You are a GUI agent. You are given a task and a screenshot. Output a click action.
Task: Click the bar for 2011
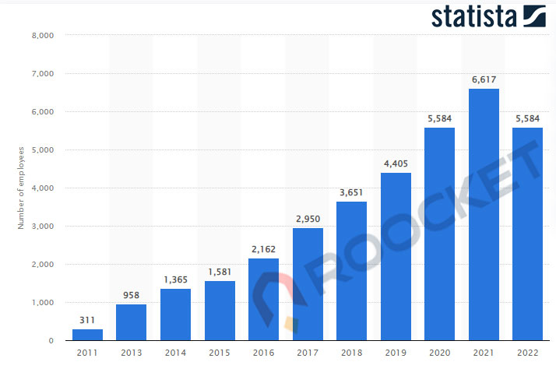pyautogui.click(x=87, y=335)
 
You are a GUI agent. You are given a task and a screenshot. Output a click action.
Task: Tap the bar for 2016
pyautogui.click(x=263, y=299)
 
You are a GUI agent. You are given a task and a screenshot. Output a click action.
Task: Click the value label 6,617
pyautogui.click(x=484, y=79)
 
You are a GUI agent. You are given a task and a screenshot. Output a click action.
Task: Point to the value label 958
pyautogui.click(x=131, y=295)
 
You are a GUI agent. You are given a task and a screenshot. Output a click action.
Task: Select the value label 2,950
pyautogui.click(x=307, y=219)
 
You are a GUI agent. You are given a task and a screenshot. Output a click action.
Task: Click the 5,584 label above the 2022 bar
pyautogui.click(x=528, y=118)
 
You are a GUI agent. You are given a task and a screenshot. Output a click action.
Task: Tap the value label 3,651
pyautogui.click(x=351, y=192)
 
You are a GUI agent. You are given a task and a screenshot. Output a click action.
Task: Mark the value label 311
pyautogui.click(x=87, y=320)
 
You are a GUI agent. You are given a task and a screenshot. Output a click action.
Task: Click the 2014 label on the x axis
pyautogui.click(x=175, y=353)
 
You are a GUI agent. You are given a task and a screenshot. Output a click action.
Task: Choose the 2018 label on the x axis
pyautogui.click(x=351, y=353)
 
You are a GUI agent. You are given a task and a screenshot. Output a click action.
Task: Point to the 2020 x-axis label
pyautogui.click(x=439, y=353)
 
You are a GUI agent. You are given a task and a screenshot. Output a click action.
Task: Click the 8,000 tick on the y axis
pyautogui.click(x=41, y=36)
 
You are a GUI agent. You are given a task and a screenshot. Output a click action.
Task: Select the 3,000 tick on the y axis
pyautogui.click(x=41, y=227)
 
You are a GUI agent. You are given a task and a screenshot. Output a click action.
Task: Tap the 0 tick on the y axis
pyautogui.click(x=50, y=341)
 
